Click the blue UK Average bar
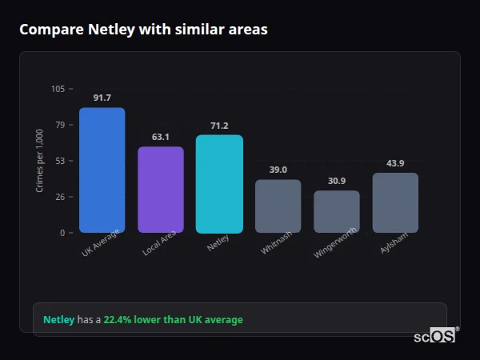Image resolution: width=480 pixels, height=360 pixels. pos(102,170)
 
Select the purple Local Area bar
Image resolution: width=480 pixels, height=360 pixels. pos(161,190)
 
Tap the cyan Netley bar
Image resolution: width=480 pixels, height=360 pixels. pos(219,184)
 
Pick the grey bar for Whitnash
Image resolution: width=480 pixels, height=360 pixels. pos(278,206)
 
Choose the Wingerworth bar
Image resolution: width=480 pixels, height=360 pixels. pos(337,212)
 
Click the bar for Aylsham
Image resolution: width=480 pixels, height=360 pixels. pos(395,203)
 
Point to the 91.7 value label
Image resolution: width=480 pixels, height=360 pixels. pos(102,98)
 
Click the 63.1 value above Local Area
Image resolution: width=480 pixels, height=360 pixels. pos(161,137)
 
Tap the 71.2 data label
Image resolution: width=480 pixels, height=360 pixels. pos(219,126)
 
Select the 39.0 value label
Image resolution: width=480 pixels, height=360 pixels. pos(278,170)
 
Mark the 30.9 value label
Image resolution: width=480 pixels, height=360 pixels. pos(337,181)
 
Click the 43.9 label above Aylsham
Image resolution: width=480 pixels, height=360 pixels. pos(395,163)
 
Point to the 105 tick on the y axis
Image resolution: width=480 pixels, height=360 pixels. pos(58,89)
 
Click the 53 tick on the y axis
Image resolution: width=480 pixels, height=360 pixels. pos(60,161)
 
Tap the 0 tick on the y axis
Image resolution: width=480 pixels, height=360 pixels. pos(62,233)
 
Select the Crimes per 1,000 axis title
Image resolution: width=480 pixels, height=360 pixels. pos(39,160)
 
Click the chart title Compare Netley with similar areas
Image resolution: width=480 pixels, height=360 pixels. pos(143,30)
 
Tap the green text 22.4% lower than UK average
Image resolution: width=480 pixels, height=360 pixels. pos(173,320)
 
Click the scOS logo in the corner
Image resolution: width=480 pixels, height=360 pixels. pos(434,336)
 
